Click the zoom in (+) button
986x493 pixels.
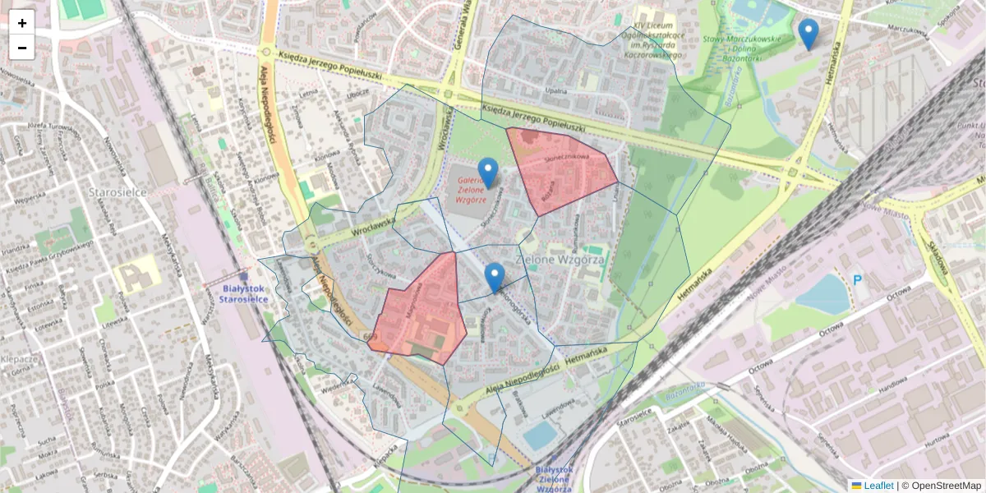tap(22, 23)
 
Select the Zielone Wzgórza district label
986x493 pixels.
tap(560, 259)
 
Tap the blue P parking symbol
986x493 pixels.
tap(857, 280)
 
